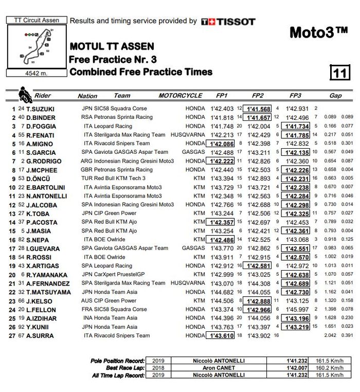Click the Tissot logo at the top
coord(228,22)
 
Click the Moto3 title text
coord(318,32)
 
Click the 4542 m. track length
coord(35,73)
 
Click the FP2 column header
coord(258,96)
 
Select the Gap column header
coord(335,96)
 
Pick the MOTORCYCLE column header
coord(180,96)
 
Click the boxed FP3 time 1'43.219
coord(297,327)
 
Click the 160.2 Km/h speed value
coord(330,368)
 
